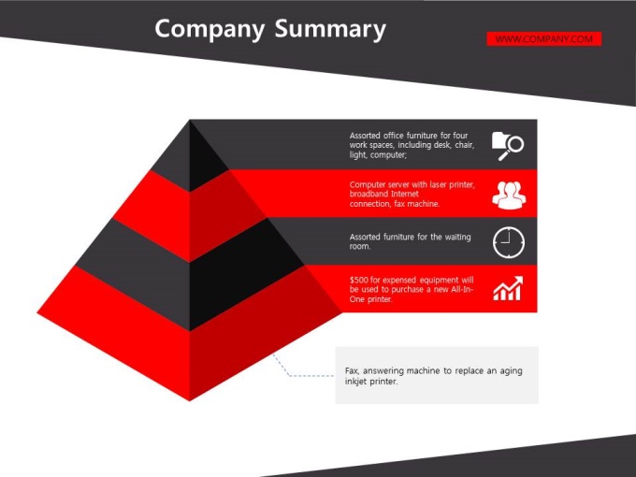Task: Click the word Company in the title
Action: (210, 30)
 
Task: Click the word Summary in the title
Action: (330, 30)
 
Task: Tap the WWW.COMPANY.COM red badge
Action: (544, 39)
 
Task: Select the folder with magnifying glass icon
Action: (508, 146)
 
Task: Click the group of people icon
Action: (509, 195)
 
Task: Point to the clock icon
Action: (509, 242)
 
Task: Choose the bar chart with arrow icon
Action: (508, 288)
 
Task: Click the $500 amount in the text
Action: (358, 280)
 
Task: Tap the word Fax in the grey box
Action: (352, 370)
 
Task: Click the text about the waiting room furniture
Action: (410, 241)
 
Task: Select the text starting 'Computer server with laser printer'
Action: (412, 194)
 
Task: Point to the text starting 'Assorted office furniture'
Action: (412, 145)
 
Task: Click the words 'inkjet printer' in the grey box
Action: (371, 382)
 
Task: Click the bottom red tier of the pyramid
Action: (190, 349)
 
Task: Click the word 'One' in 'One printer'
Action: (357, 299)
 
